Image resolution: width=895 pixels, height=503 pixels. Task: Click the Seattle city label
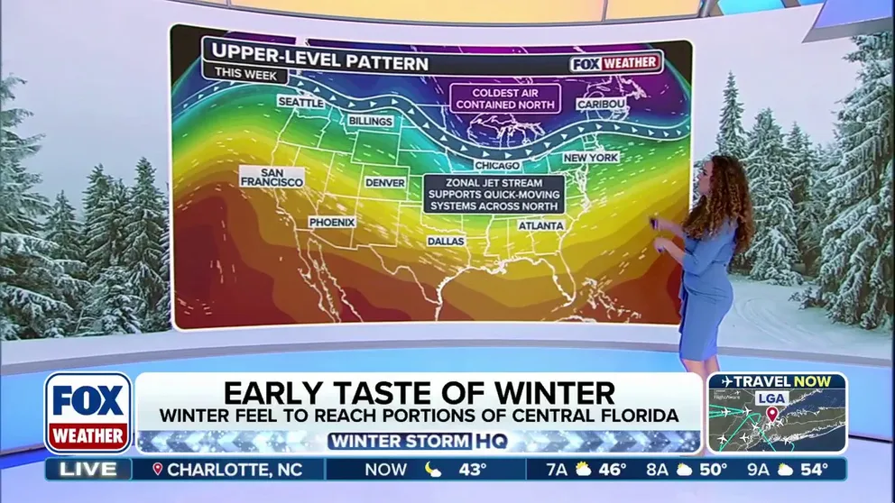click(300, 103)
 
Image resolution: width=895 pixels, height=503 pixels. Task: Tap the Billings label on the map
click(370, 121)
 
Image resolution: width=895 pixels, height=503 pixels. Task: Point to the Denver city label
click(385, 182)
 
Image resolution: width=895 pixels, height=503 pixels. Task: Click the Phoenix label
click(332, 222)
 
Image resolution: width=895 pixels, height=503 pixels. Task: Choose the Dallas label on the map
click(446, 242)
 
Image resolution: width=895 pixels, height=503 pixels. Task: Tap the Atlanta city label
click(541, 225)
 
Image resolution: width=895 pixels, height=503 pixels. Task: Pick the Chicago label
click(497, 166)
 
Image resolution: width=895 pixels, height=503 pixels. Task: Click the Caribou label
click(601, 105)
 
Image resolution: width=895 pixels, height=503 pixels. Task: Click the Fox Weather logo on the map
click(616, 64)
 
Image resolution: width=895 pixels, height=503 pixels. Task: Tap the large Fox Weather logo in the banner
click(88, 413)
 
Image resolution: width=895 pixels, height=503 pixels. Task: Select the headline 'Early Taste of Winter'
click(420, 393)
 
